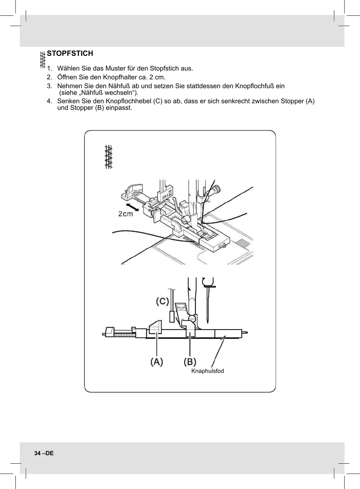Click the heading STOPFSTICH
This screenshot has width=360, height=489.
tap(70, 53)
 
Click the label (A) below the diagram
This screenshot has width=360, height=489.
tap(157, 362)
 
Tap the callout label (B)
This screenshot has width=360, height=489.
tap(190, 362)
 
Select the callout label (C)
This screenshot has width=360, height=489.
tap(162, 302)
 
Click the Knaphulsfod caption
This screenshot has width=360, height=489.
tap(208, 371)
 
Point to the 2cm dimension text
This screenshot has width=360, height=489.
tap(126, 214)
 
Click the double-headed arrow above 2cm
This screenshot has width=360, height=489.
tap(132, 206)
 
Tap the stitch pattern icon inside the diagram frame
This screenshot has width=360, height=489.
tap(108, 157)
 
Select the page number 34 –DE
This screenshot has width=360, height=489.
tap(44, 453)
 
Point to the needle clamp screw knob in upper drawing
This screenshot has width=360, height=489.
tap(217, 189)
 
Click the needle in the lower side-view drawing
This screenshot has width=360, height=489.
tap(208, 305)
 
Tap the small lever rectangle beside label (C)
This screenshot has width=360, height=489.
tap(172, 317)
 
